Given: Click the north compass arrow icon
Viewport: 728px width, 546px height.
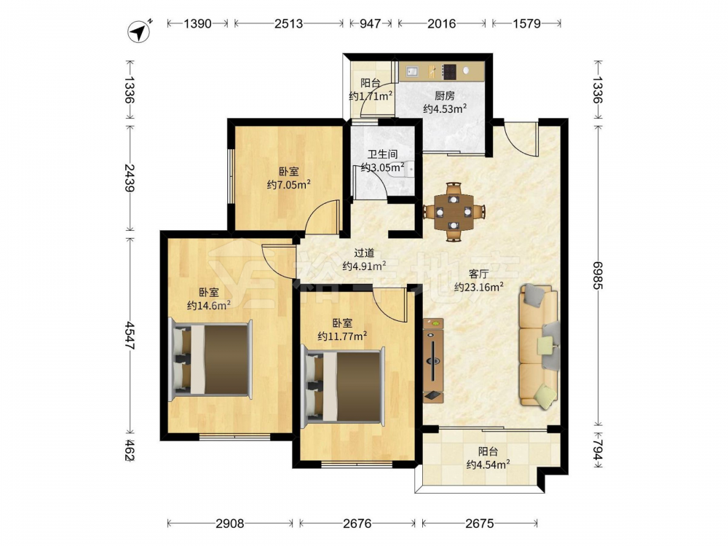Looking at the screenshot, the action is pos(139,31).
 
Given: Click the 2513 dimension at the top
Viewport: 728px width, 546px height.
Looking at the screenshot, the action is pos(288,23).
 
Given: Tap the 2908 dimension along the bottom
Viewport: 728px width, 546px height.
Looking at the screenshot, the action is pos(230,523).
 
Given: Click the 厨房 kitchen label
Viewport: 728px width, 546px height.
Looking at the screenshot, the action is pos(444,96).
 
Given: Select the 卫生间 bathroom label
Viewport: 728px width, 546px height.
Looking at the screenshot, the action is pos(383,154).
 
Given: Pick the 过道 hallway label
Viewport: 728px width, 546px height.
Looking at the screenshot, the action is pos(364,253).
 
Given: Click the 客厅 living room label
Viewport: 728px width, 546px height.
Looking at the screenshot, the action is pos(479,274).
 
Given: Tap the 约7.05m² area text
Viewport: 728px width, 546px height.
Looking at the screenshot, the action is pos(288,185).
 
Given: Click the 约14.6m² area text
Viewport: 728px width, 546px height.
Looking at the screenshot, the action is pos(209,305).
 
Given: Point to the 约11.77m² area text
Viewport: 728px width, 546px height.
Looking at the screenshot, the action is pos(342,336).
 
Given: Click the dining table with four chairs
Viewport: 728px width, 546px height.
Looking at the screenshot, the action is pos(454,212).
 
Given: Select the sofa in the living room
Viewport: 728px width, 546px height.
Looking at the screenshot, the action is pos(539,346).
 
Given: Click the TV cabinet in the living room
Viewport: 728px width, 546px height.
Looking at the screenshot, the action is pos(433,360).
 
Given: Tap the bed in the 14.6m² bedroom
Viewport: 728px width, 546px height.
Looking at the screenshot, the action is pos(210,359).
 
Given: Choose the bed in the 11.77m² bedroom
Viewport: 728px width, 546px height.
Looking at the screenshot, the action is pos(343,387).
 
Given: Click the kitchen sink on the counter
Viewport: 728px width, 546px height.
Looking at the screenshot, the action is pos(412,71).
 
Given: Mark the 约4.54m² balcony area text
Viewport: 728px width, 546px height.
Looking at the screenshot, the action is pos(488,464).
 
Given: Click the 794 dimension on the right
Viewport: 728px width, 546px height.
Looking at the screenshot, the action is pos(598,451).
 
